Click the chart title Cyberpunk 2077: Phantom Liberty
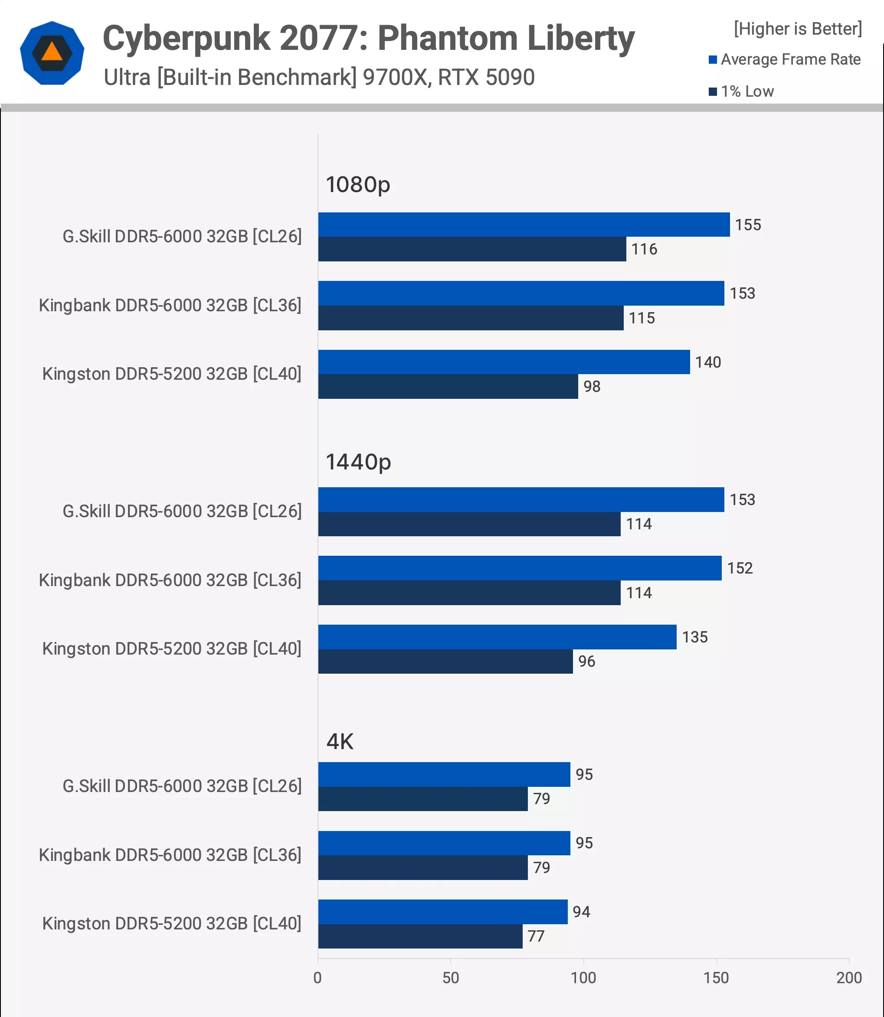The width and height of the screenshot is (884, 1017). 368,38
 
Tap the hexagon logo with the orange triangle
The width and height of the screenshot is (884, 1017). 52,53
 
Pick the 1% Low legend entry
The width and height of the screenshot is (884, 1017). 741,91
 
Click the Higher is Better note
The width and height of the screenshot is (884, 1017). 798,29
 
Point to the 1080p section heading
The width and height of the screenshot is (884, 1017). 358,185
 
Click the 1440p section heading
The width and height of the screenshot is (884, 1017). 358,462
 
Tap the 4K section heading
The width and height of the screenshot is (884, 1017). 340,741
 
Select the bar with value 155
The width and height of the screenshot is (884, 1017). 524,225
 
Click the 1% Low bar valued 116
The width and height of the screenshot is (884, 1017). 471,249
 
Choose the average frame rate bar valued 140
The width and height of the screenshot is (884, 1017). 504,362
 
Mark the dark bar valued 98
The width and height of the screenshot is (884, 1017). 448,387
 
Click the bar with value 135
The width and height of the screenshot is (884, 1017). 497,637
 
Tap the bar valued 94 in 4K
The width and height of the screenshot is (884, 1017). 442,912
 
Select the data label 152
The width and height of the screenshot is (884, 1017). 740,568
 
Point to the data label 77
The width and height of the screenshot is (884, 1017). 536,936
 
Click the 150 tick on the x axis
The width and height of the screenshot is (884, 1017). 716,978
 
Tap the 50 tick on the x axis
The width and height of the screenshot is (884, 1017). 450,978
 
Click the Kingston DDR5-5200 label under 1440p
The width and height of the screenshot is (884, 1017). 172,649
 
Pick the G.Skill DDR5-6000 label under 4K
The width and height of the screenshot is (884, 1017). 182,786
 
